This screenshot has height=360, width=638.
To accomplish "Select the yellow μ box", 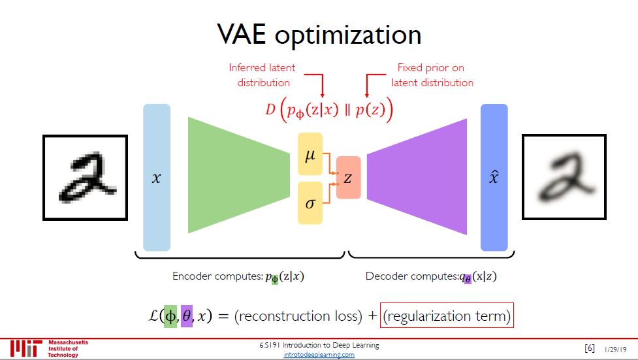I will click(310, 155).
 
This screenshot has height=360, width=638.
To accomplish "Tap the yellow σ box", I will click(310, 203).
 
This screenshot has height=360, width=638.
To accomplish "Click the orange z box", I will click(348, 178).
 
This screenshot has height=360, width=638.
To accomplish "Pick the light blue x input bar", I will click(156, 177).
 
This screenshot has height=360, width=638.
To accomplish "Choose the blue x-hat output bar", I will click(494, 177).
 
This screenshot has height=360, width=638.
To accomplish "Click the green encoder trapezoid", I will click(238, 175).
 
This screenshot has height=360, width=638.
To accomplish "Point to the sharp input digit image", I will click(85, 177).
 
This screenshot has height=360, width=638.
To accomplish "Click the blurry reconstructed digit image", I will click(565, 177).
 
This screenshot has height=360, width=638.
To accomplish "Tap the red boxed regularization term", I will click(447, 316).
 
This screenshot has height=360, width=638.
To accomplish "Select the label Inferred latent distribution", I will click(262, 75).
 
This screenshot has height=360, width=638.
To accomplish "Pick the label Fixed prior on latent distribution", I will click(432, 75).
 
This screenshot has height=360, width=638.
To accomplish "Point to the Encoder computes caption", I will click(238, 276).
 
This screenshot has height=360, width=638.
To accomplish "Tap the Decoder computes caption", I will click(430, 276).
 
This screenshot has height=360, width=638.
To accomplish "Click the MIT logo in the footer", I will click(26, 348).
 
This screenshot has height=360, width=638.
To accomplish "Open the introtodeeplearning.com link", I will click(319, 355).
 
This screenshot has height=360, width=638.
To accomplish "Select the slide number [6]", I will click(589, 348).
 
